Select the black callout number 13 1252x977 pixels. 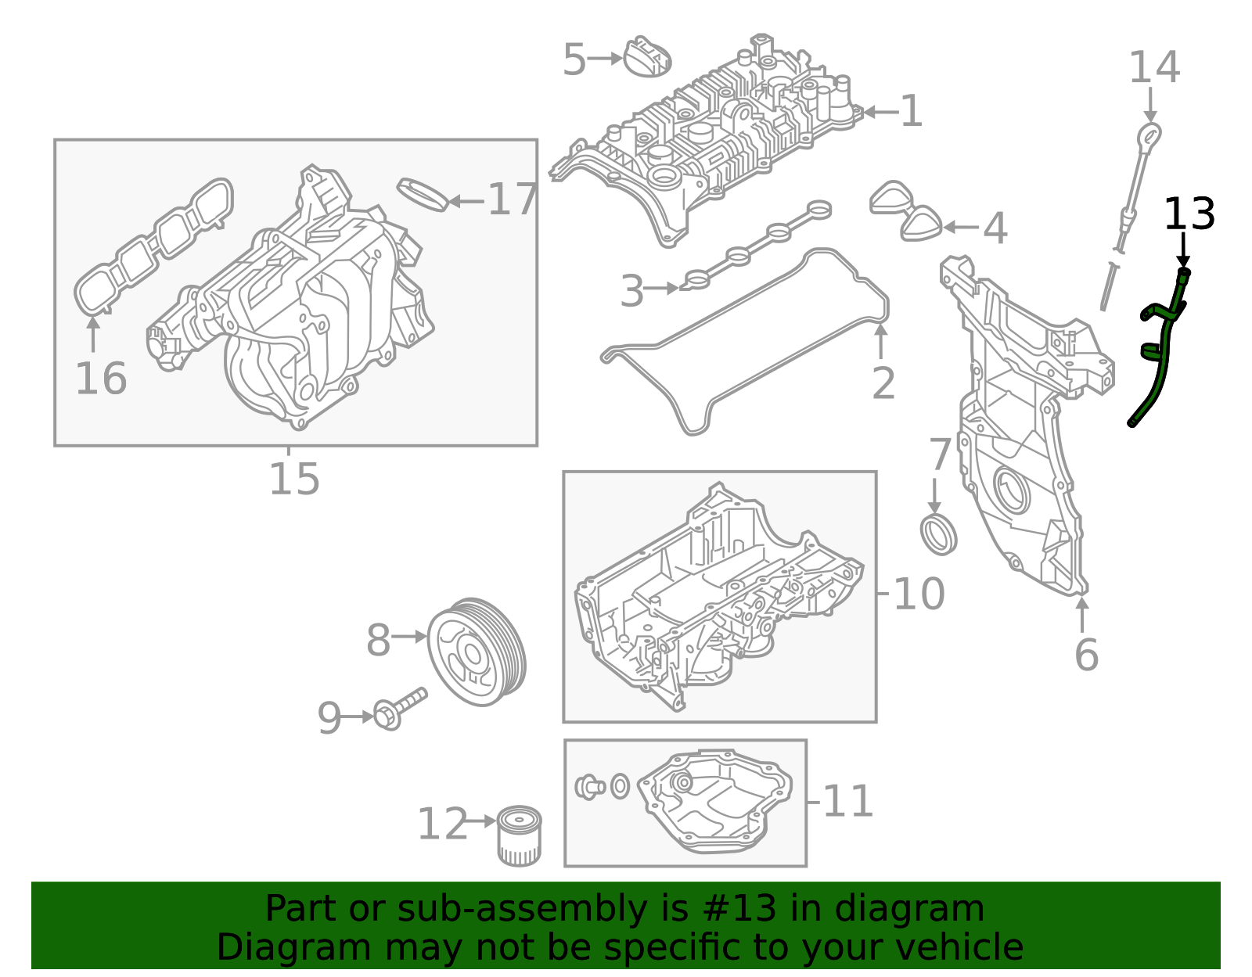tap(1189, 214)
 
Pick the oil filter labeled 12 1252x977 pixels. tap(520, 836)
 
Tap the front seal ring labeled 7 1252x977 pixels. tap(938, 534)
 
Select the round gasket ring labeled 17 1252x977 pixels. tap(423, 194)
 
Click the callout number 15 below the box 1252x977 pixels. tap(294, 479)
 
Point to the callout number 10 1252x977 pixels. tap(919, 594)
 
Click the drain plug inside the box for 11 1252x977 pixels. tap(589, 786)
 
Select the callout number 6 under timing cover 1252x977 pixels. tap(1085, 655)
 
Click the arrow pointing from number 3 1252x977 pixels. tap(664, 288)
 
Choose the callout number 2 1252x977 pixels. tap(883, 383)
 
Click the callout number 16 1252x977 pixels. tap(101, 379)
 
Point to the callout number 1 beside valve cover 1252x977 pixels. tap(911, 112)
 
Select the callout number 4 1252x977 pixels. tap(994, 228)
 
